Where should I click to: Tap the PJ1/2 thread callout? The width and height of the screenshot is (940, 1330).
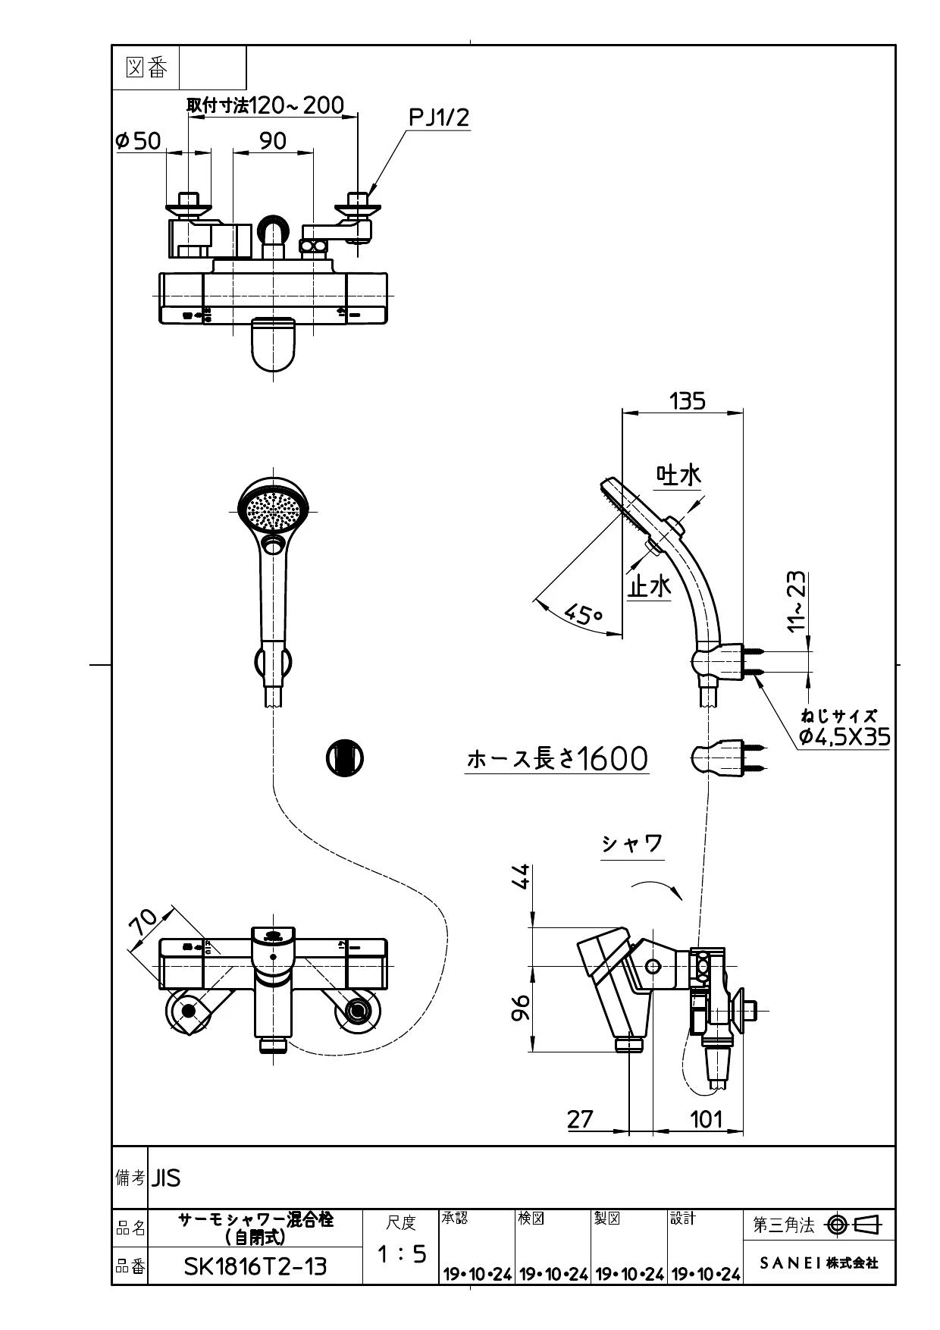tap(439, 118)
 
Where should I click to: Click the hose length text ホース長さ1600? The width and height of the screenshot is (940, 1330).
tap(557, 758)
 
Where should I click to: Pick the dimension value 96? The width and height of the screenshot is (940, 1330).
tap(520, 1008)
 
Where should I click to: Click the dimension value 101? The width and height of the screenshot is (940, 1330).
tap(706, 1118)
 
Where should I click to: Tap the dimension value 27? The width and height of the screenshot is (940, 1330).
tap(580, 1118)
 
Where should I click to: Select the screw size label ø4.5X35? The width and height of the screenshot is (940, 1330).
tap(844, 736)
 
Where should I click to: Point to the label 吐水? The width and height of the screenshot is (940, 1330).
tap(678, 475)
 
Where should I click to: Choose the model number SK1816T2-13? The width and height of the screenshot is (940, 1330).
tap(255, 1266)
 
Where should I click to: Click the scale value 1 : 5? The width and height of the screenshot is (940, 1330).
tap(402, 1254)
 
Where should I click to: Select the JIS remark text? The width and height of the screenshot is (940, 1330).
tap(166, 1178)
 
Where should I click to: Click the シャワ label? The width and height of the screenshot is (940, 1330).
tap(632, 843)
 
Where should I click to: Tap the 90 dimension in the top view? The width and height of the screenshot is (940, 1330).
tap(273, 140)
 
